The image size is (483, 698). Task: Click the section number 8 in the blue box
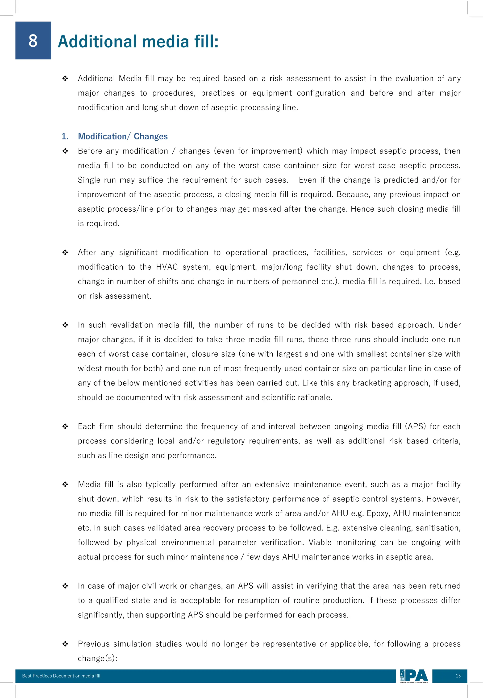click(33, 41)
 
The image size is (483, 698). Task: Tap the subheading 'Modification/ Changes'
click(123, 137)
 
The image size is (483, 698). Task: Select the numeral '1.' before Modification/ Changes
click(65, 137)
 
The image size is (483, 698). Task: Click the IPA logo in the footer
click(414, 676)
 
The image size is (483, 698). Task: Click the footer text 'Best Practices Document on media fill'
click(61, 676)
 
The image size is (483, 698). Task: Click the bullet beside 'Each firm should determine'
click(65, 426)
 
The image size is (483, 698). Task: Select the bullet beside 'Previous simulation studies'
click(65, 644)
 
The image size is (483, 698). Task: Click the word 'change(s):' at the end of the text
click(97, 658)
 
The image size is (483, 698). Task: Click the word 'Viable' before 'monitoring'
click(320, 542)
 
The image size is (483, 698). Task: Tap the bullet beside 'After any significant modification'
click(65, 252)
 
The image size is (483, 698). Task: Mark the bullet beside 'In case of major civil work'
click(65, 586)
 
